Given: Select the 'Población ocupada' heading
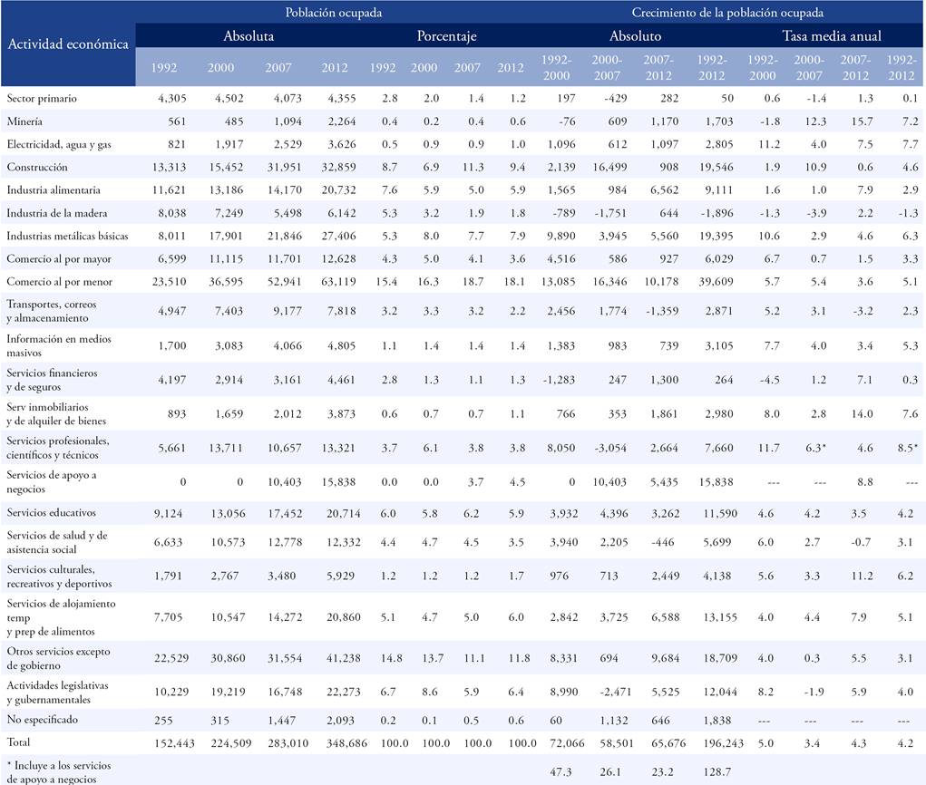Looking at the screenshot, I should point(333,13).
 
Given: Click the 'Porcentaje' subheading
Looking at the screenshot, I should point(446,37).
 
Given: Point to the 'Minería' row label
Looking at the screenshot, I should point(24,121).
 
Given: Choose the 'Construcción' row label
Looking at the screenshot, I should point(37,167).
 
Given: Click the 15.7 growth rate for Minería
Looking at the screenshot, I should point(852,121).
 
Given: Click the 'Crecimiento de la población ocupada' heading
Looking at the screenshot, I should point(727,13).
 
